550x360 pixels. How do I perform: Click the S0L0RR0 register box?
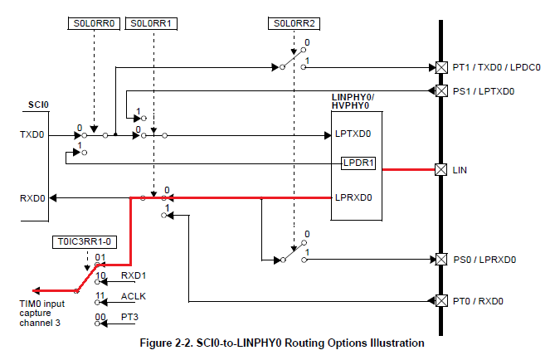click(x=94, y=24)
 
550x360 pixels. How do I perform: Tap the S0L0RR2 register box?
click(x=294, y=24)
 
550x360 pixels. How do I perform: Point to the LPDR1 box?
click(x=358, y=163)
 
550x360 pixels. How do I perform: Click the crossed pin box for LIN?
click(x=440, y=170)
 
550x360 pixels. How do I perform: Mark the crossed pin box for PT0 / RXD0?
click(x=440, y=300)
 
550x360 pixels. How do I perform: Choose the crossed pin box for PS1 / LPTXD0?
click(x=440, y=90)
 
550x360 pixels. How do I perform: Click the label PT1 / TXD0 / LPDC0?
click(x=496, y=66)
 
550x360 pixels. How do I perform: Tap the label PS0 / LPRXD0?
click(x=484, y=260)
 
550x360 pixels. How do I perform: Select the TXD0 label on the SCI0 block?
click(x=31, y=134)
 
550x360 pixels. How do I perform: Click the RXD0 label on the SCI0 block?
click(x=32, y=198)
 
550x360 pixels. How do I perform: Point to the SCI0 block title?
click(x=37, y=106)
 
